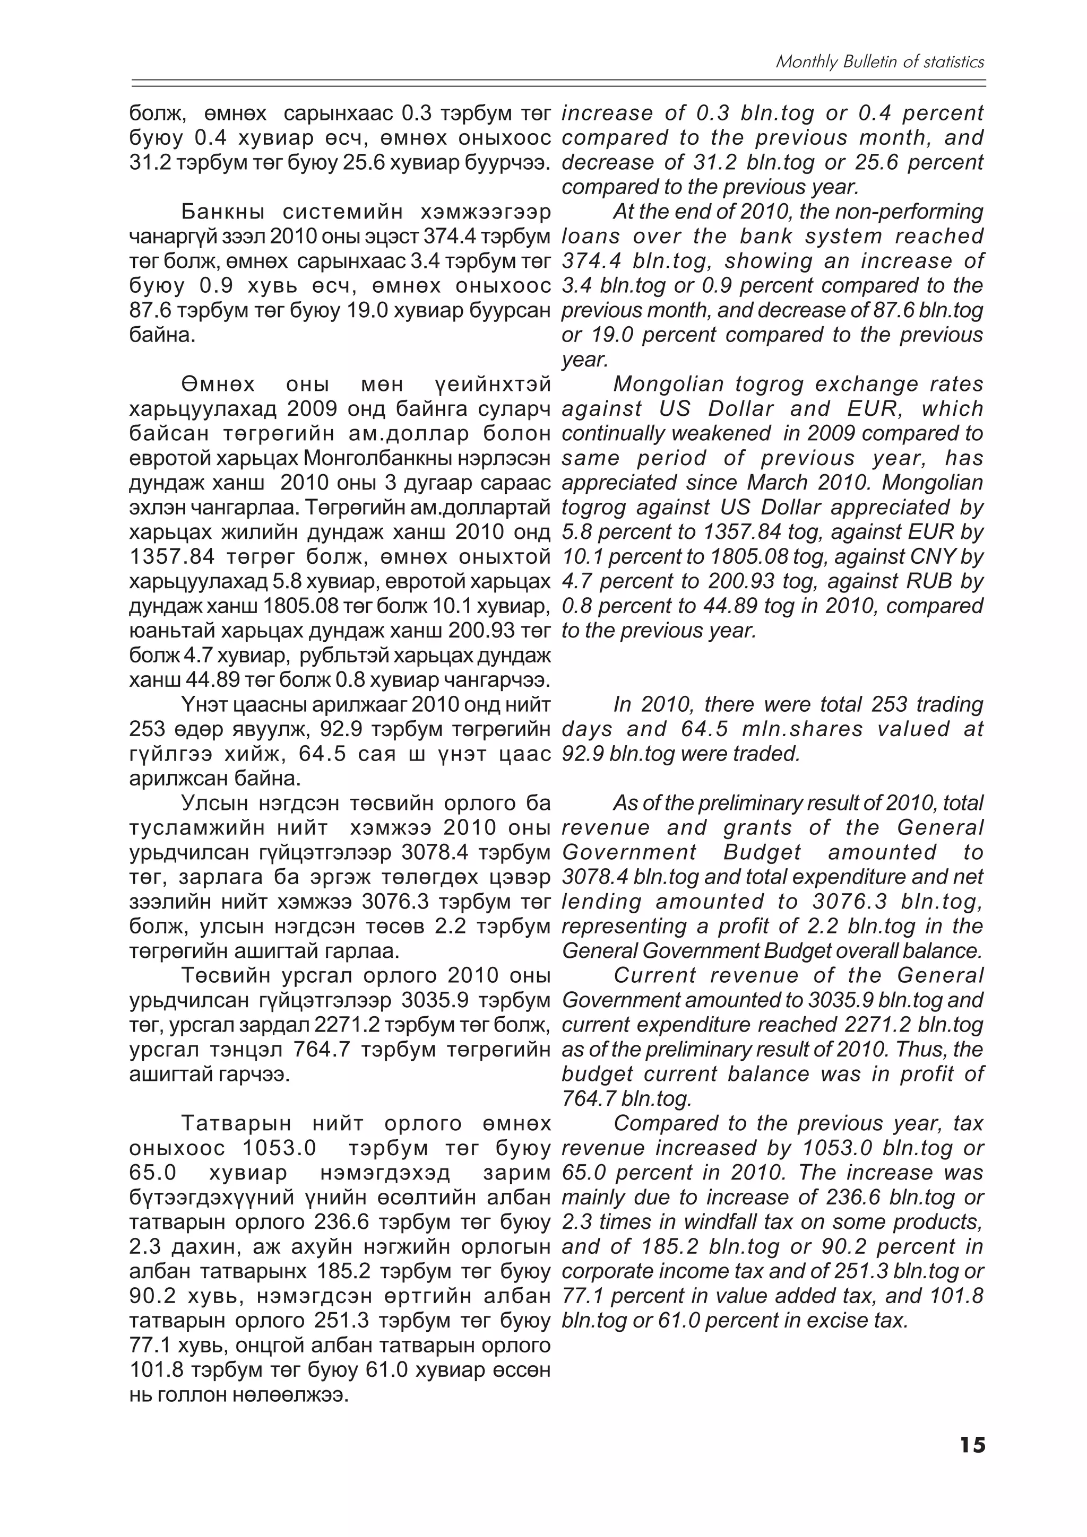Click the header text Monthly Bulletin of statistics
coord(879,62)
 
